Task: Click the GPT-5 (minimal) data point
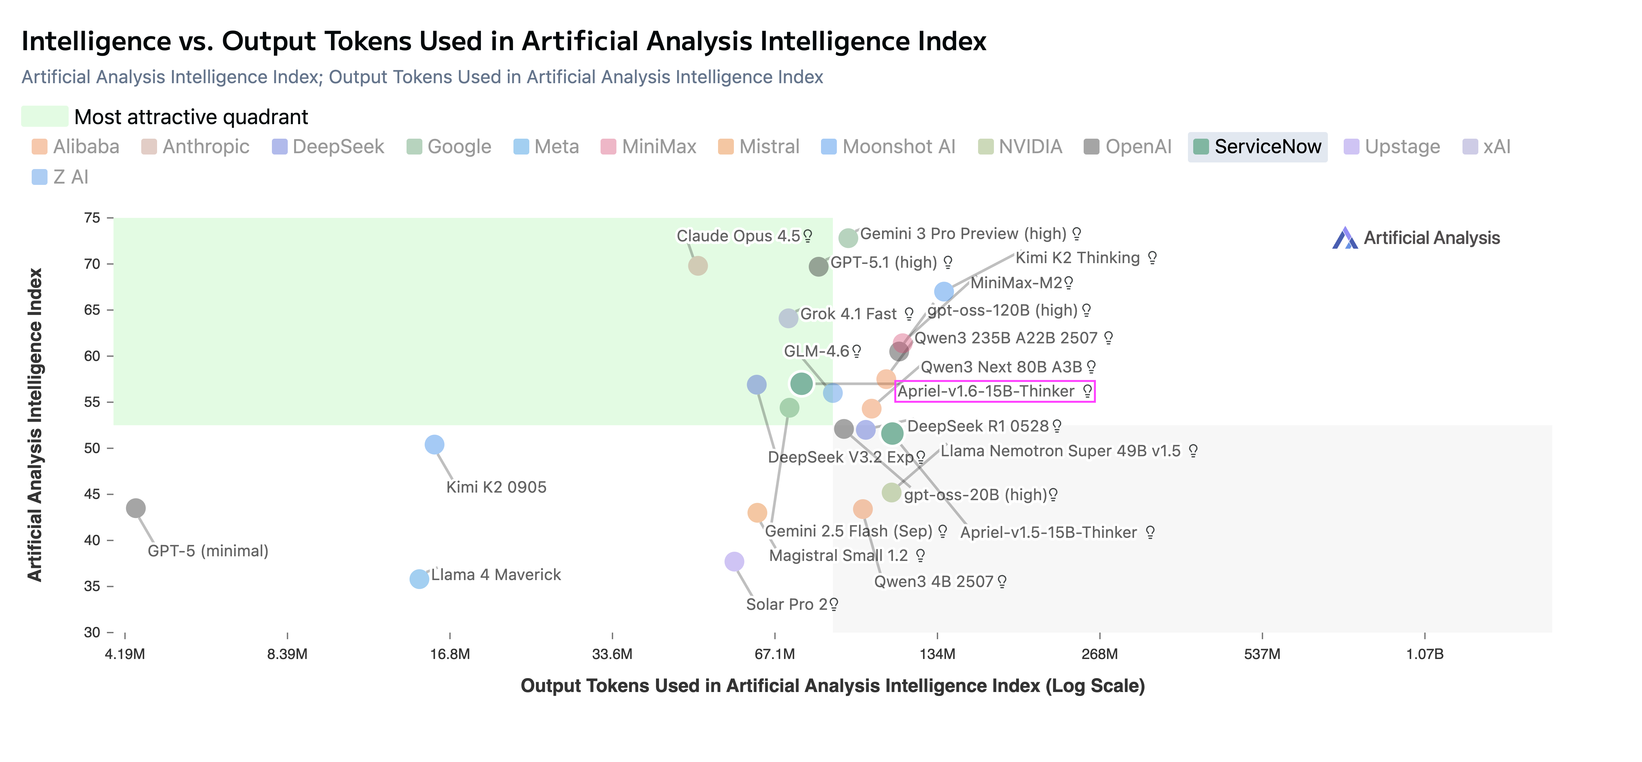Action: [135, 508]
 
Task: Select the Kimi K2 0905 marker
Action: [434, 444]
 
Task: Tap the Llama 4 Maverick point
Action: [419, 579]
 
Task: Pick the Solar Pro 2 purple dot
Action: [734, 562]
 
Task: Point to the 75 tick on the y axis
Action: [92, 218]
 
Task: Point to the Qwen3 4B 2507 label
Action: [933, 581]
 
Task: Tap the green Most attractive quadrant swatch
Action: [45, 117]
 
